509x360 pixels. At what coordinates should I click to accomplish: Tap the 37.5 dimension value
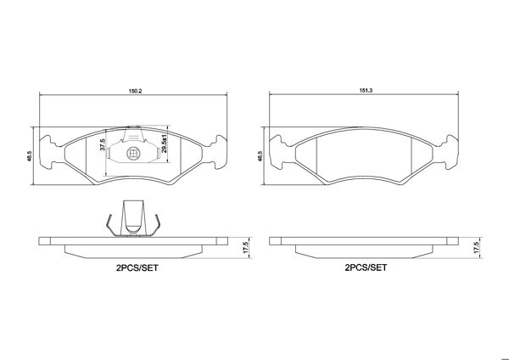click(x=103, y=146)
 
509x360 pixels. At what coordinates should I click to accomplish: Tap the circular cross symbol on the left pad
click(x=133, y=154)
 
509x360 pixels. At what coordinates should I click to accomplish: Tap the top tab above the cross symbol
click(x=133, y=134)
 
